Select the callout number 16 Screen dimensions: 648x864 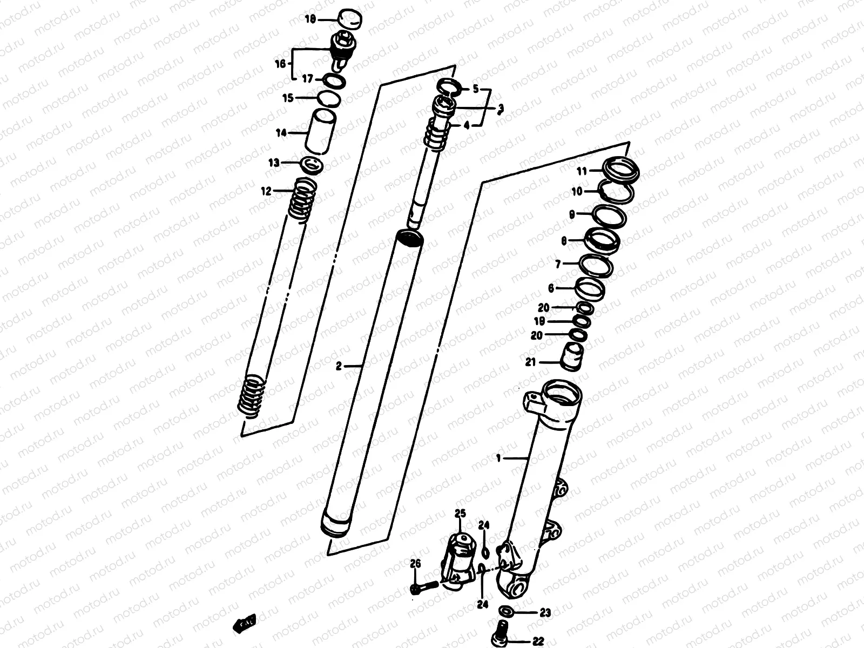[279, 64]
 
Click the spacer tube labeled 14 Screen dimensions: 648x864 [320, 132]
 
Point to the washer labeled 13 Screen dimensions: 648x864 [312, 164]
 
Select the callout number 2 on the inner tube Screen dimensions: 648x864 [339, 367]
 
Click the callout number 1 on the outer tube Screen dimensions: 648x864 [499, 458]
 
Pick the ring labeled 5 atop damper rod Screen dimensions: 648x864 [449, 86]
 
